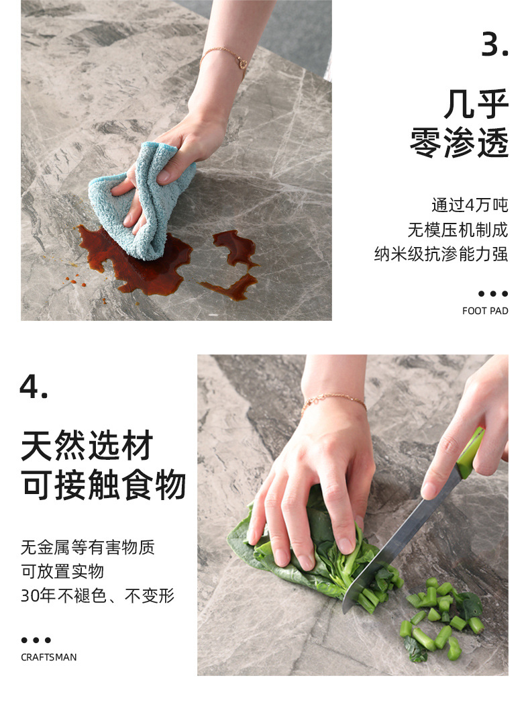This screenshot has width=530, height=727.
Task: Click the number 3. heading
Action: point(495,44)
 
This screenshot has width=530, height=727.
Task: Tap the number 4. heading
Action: point(34,386)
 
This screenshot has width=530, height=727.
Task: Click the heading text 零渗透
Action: point(459,142)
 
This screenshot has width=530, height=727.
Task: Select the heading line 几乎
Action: point(476,104)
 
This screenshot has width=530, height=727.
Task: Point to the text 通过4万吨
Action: point(470,205)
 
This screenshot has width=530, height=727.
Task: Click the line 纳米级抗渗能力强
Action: point(441,254)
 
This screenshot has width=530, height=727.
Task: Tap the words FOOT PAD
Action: point(485,311)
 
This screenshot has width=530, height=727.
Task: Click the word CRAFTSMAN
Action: point(49,657)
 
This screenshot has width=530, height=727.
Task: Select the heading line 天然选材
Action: point(87,446)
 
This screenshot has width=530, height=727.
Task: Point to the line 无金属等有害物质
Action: point(88,547)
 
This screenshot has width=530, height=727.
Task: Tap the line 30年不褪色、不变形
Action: point(98,595)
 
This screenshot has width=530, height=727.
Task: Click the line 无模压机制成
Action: point(458,230)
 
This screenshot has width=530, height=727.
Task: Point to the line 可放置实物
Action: point(62,571)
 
